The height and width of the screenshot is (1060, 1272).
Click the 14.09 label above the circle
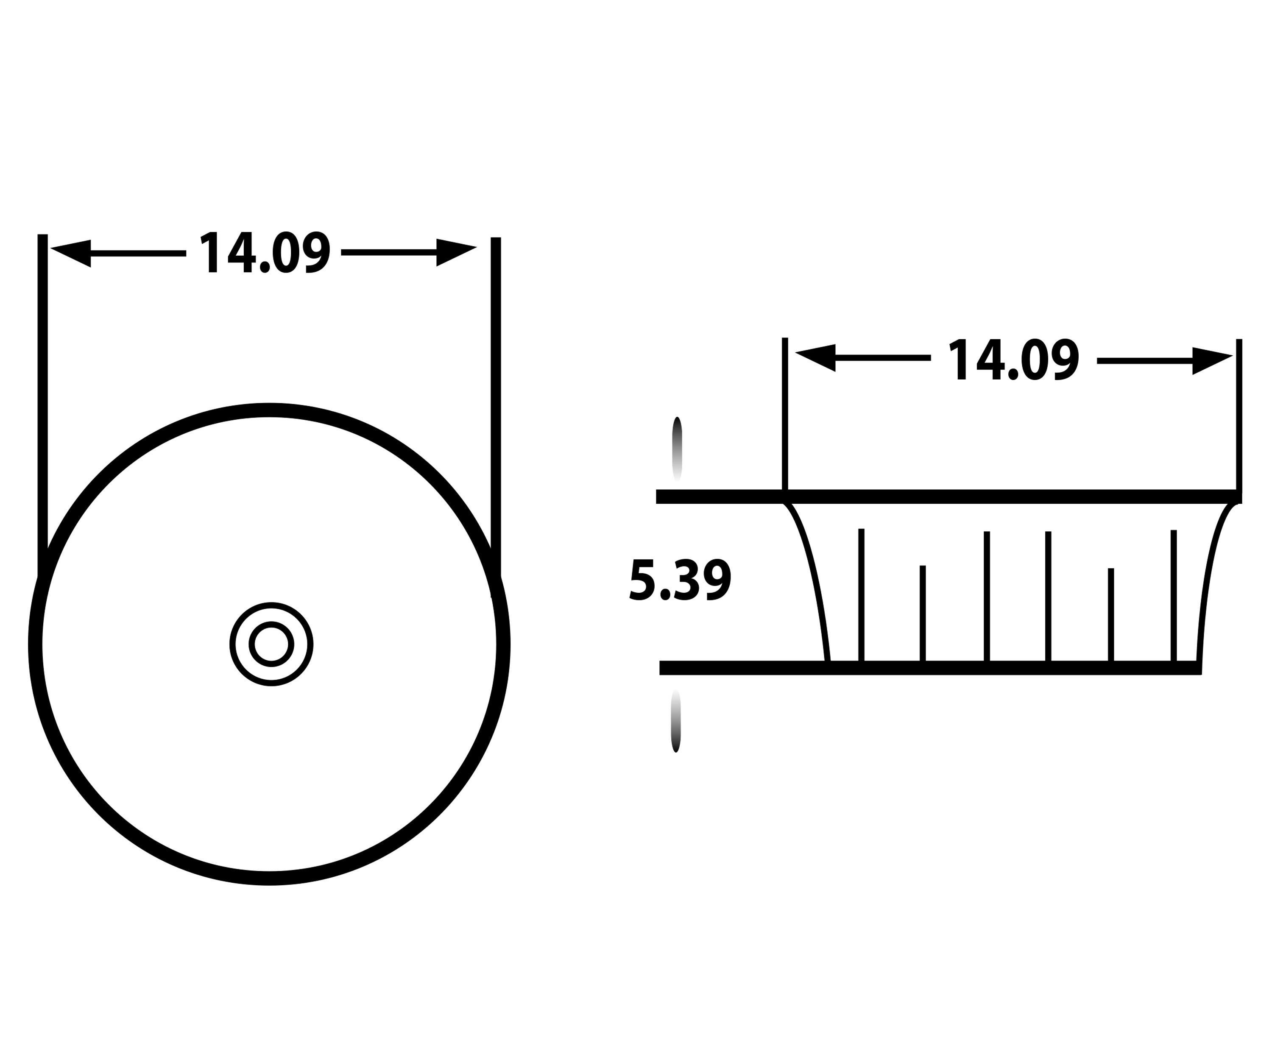point(265,253)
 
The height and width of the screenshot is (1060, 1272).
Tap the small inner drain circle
point(271,644)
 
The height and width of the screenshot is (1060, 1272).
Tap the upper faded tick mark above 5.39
point(677,448)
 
